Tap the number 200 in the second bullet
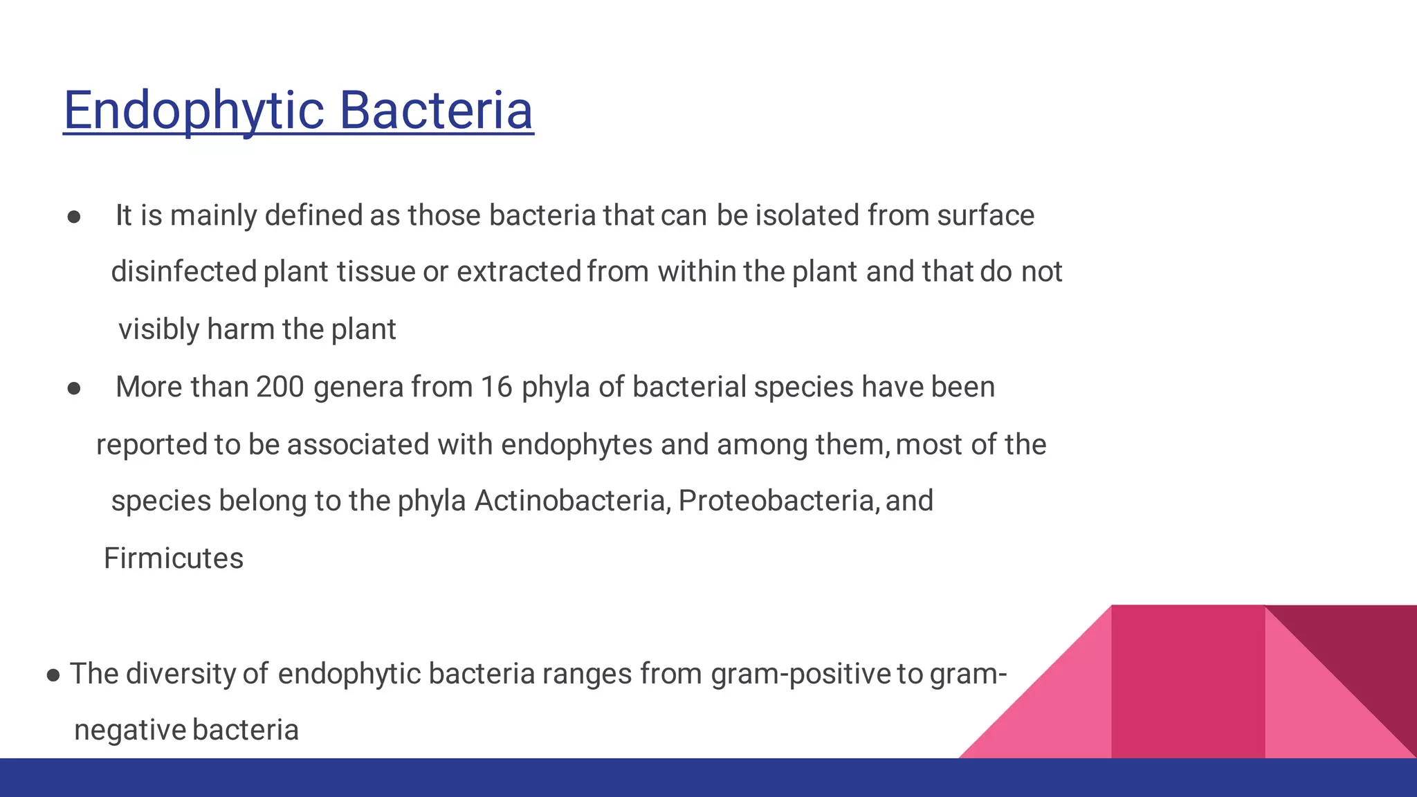(x=280, y=387)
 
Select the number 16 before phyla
(x=496, y=387)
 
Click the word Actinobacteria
(x=572, y=501)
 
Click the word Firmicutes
(x=174, y=558)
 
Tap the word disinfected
(x=184, y=272)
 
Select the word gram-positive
(x=801, y=674)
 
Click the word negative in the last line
(x=130, y=731)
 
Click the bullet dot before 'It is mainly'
(x=74, y=217)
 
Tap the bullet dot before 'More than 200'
(x=74, y=389)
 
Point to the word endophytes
(x=576, y=444)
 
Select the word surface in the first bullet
(x=985, y=215)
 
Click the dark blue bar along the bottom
(x=708, y=778)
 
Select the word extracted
(x=518, y=272)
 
